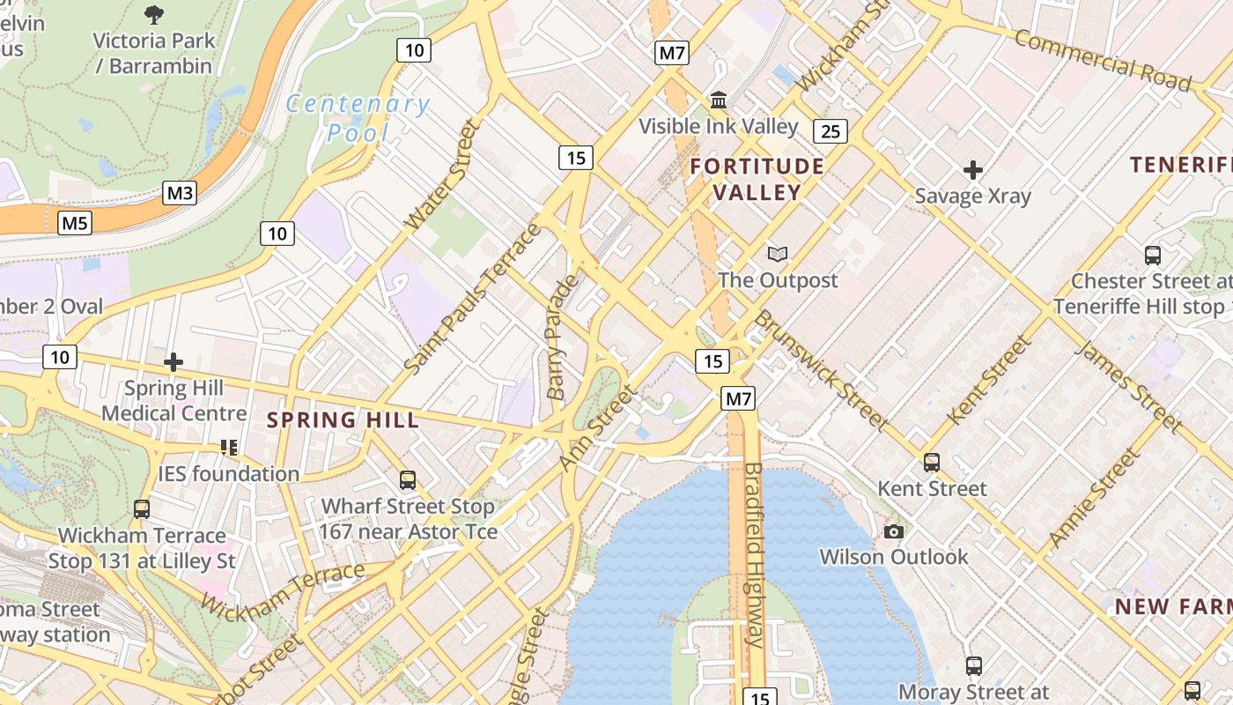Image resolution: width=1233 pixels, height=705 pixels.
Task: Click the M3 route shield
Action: (x=179, y=193)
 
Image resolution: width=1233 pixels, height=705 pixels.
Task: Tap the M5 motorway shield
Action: (x=75, y=223)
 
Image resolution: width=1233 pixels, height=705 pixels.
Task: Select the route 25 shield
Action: (x=830, y=131)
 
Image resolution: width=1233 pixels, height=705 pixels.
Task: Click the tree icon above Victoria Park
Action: (x=154, y=14)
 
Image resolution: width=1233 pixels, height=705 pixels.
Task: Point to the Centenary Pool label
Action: (x=358, y=118)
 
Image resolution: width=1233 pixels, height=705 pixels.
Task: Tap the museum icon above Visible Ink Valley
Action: (x=719, y=100)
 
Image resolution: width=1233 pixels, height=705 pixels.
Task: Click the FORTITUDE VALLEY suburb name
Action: (x=757, y=179)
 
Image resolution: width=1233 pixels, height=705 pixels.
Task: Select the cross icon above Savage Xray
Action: (x=972, y=169)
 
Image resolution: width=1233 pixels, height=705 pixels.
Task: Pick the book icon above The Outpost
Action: (x=777, y=255)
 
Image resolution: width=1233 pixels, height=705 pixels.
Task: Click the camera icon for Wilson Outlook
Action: (x=893, y=531)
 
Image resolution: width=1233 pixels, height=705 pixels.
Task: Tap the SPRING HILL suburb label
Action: (x=343, y=420)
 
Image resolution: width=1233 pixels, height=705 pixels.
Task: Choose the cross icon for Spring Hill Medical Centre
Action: (x=174, y=361)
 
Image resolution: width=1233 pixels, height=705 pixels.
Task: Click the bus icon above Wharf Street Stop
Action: (x=407, y=480)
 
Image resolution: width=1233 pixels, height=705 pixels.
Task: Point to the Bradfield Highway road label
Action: (x=755, y=554)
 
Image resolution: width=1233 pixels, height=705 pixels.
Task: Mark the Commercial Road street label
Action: (x=1102, y=60)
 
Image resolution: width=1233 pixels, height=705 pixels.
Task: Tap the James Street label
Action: (x=1128, y=387)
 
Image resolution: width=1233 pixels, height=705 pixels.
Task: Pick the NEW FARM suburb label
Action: (x=1172, y=606)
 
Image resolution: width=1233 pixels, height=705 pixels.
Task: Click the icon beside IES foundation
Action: (x=229, y=448)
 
